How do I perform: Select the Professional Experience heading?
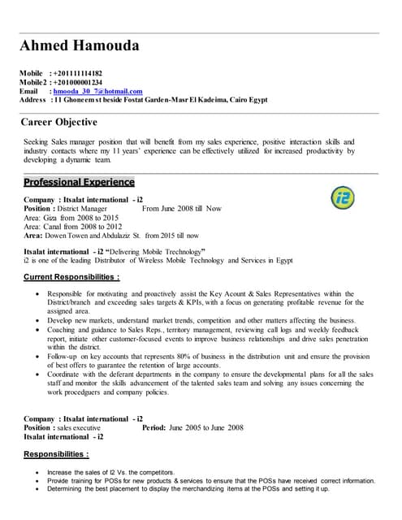[79, 182]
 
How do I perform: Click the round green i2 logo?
[343, 197]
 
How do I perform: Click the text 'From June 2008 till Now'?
[181, 209]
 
